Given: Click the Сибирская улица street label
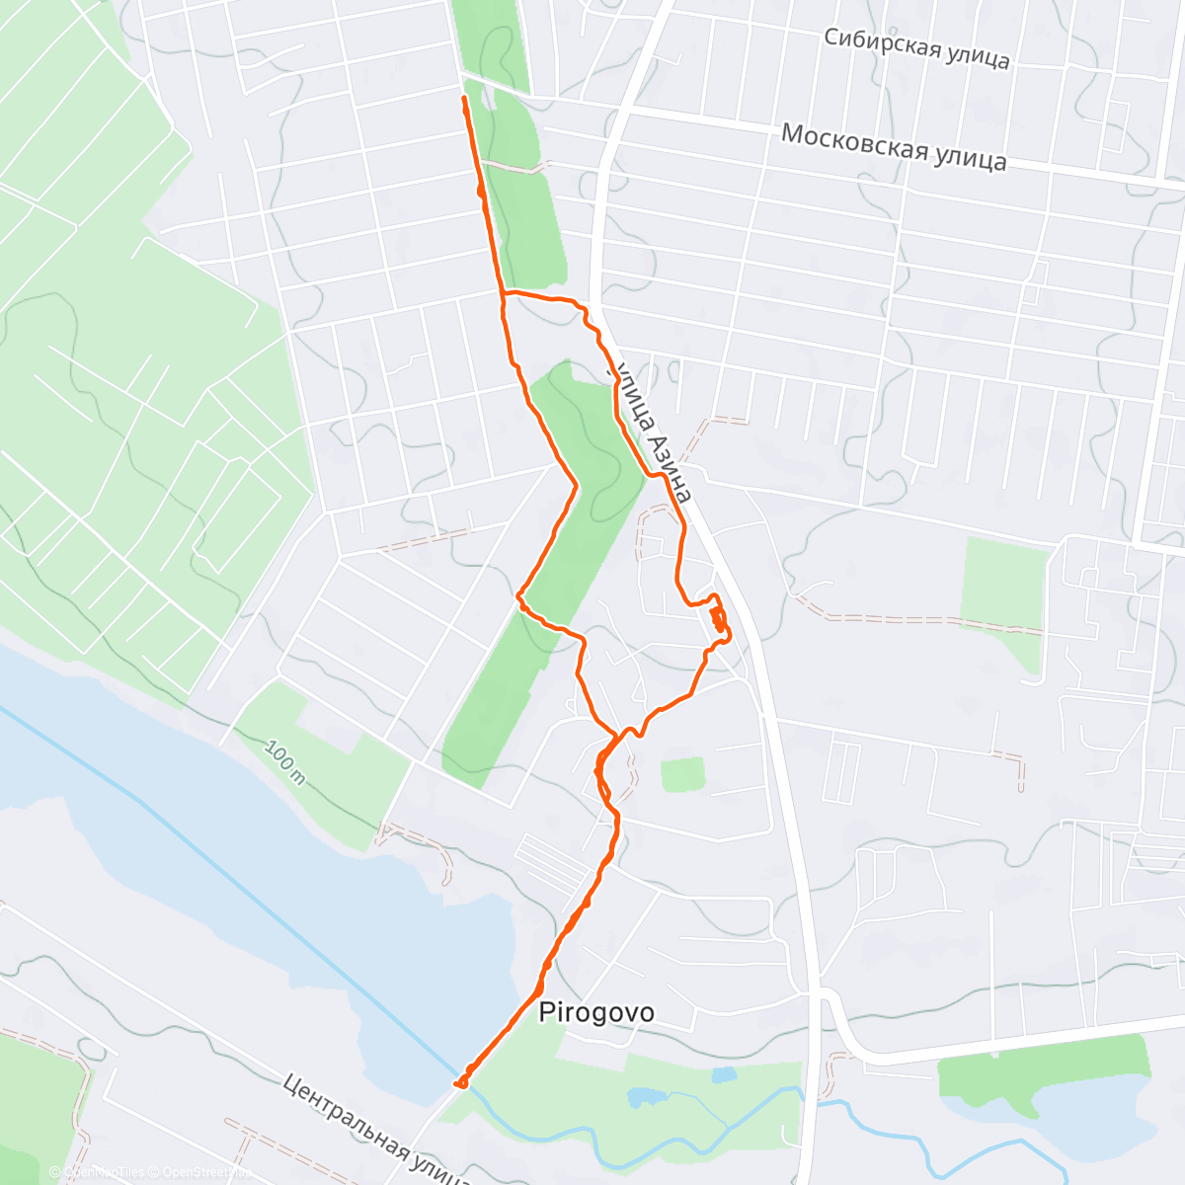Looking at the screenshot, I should (x=916, y=48).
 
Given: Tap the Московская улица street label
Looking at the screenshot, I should (x=894, y=146).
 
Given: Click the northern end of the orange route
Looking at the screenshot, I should (x=464, y=99).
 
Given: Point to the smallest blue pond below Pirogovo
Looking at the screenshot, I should (x=725, y=1073).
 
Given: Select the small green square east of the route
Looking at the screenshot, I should (x=682, y=774).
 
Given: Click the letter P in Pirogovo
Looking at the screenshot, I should (x=546, y=1012).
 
